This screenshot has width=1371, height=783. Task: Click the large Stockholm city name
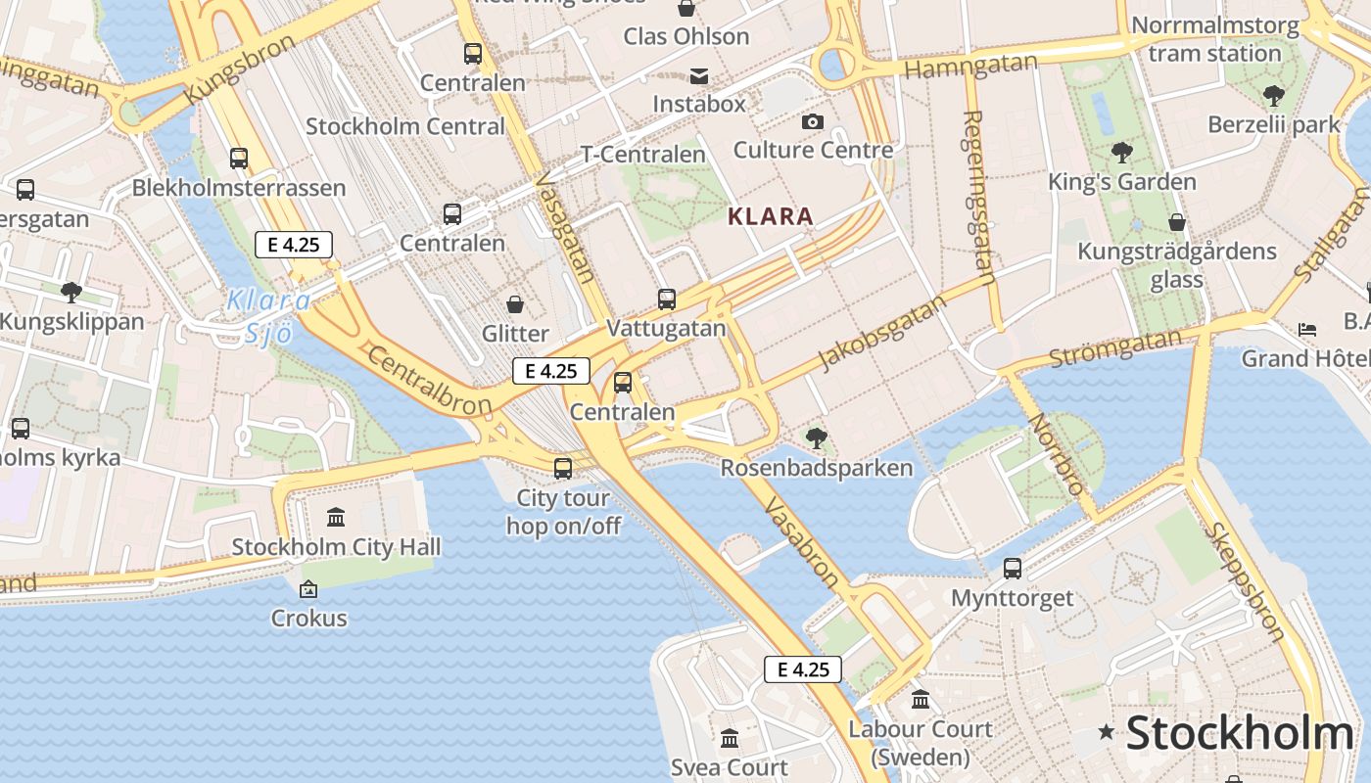pos(1239,733)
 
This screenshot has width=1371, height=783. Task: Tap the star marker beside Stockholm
pos(1107,731)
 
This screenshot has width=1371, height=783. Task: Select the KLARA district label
pos(771,216)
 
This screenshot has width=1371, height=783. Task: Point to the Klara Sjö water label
pos(268,316)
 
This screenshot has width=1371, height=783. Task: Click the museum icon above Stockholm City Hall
pos(336,517)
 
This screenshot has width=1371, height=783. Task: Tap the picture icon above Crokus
pos(308,589)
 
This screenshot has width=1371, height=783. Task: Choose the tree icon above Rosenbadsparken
pos(816,438)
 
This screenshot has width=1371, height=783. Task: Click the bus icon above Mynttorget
pos(1013,568)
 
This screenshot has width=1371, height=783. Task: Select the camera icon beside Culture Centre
pos(812,122)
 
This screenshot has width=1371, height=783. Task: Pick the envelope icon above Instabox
pos(699,76)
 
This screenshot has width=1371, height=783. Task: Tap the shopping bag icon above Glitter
pos(514,304)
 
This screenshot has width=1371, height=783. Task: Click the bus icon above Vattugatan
pos(667,299)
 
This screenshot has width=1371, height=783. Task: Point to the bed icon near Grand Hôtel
pos(1307,330)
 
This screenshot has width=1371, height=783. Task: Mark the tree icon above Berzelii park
pos(1273,96)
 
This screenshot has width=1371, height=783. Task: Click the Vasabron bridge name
pos(801,541)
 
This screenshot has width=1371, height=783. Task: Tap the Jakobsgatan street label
pos(883,333)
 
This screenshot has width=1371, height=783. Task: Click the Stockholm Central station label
pos(405,126)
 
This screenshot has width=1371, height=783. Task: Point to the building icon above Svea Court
pos(730,738)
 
